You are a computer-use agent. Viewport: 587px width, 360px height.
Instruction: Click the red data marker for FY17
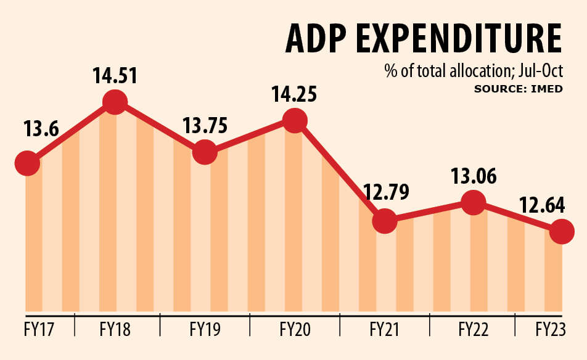pos(26,164)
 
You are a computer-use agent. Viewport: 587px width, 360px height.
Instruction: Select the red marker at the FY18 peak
pos(115,102)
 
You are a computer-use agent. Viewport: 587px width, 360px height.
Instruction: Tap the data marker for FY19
pos(205,152)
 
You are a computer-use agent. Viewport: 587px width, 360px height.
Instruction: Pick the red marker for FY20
pos(295,120)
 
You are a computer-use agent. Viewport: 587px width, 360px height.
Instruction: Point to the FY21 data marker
pos(384,220)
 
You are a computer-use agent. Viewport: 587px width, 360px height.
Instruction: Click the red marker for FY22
pos(473,202)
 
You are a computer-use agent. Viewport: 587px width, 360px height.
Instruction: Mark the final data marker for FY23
pos(562,232)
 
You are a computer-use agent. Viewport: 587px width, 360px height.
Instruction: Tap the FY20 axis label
pos(295,329)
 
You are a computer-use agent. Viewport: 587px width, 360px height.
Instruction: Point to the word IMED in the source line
pos(549,89)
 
